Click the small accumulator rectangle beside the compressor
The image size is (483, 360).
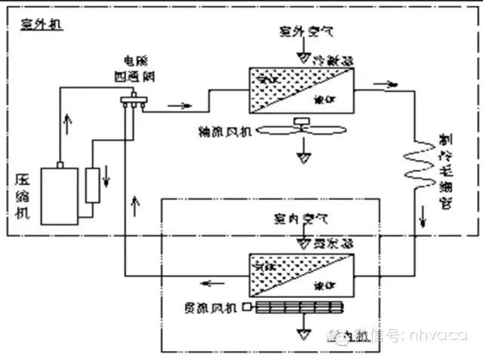(94, 186)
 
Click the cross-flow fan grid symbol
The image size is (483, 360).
(300, 307)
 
